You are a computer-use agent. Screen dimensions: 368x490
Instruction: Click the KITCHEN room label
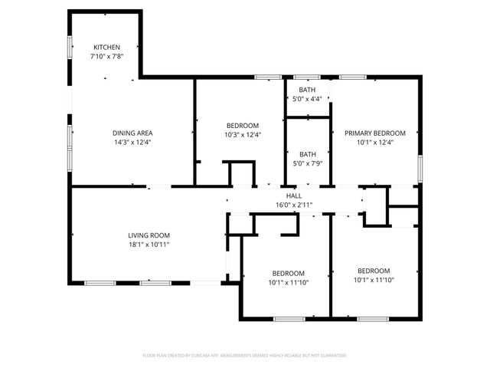(x=107, y=47)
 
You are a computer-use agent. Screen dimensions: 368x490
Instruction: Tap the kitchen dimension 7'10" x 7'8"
(x=107, y=56)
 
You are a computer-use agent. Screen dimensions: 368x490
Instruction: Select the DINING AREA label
(x=133, y=133)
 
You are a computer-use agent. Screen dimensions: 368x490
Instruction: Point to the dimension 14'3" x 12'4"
(x=133, y=142)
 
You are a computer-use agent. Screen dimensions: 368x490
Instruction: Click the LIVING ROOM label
(x=149, y=235)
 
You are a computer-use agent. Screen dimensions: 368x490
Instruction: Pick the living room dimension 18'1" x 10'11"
(x=149, y=245)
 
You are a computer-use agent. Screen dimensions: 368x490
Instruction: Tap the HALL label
(x=294, y=195)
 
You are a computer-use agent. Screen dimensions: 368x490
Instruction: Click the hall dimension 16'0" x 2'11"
(x=294, y=205)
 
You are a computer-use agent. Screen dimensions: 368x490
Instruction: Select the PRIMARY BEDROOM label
(x=374, y=133)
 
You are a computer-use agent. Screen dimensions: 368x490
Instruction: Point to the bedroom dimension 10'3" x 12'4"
(x=243, y=135)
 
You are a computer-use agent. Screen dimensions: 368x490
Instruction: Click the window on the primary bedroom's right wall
(x=420, y=167)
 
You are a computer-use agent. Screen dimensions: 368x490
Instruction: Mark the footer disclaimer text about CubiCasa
(x=245, y=356)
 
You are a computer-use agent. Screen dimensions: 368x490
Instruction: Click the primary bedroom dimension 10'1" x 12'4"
(x=374, y=142)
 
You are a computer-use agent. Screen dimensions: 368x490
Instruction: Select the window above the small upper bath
(x=307, y=77)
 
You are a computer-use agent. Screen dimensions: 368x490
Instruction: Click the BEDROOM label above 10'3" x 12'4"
(x=243, y=126)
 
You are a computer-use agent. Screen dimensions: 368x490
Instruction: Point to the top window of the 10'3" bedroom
(x=267, y=77)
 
